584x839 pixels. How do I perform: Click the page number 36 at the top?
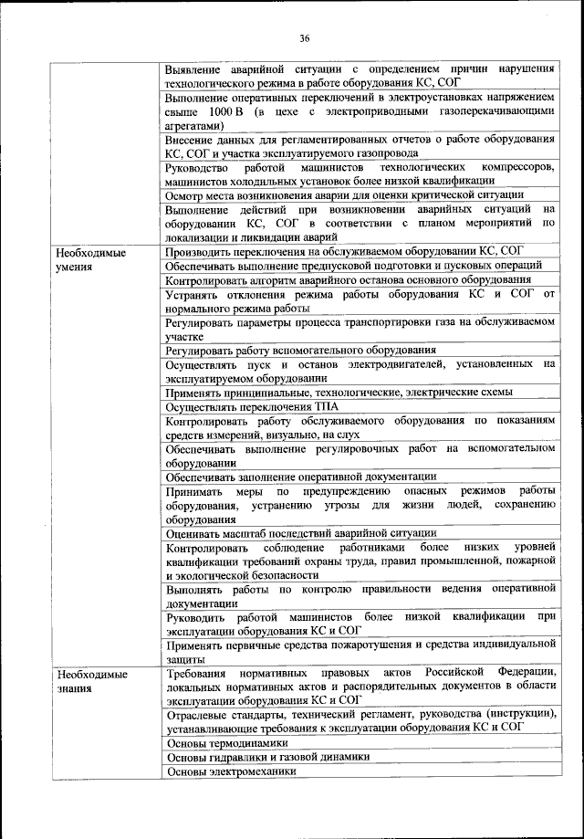(x=304, y=37)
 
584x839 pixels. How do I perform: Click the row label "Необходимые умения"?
(x=89, y=258)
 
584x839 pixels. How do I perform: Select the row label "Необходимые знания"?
(x=89, y=681)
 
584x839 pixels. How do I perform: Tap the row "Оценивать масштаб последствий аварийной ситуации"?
(x=300, y=533)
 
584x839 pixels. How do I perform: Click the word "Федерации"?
(x=527, y=674)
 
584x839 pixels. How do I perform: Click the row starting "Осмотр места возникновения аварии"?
(x=344, y=194)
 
